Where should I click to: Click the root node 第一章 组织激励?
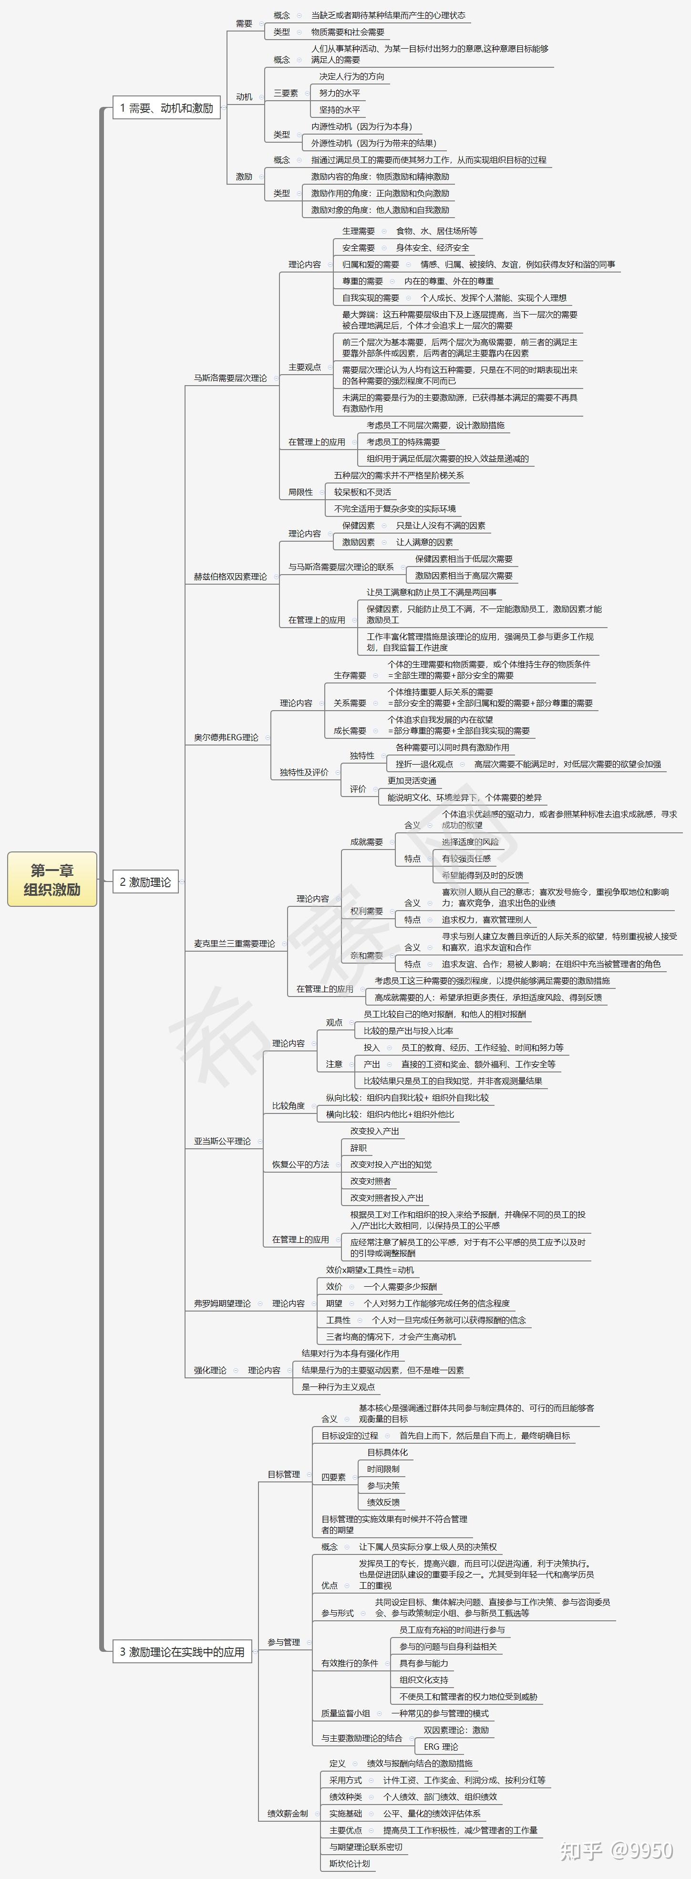click(52, 879)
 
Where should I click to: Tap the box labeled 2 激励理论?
click(145, 882)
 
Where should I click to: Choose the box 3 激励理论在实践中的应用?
click(182, 1651)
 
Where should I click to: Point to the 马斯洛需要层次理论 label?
click(229, 378)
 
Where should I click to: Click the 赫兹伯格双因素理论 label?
click(229, 576)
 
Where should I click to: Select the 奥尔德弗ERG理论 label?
click(226, 737)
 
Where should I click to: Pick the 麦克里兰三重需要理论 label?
click(234, 943)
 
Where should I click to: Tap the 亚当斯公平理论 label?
click(222, 1141)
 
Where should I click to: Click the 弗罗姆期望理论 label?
click(222, 1303)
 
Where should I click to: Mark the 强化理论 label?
click(210, 1370)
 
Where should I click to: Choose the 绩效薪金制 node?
click(287, 1813)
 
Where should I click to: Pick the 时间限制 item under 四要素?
click(382, 1469)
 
